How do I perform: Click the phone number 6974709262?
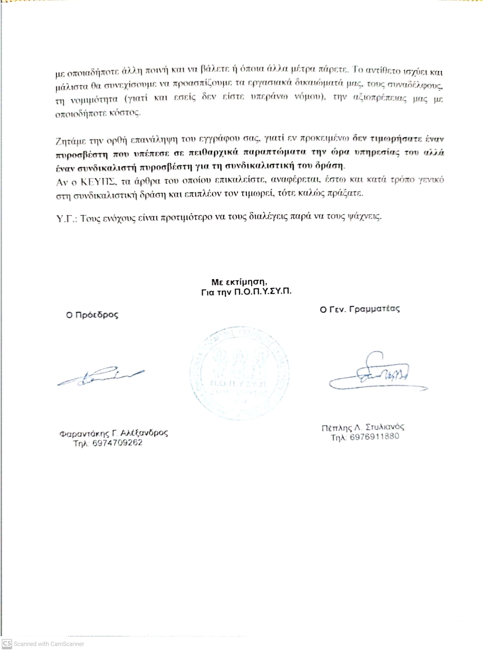point(117,443)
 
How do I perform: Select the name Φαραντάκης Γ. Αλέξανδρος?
point(114,433)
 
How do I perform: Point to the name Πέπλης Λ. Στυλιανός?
point(363,427)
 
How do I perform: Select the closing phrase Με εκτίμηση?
point(239,282)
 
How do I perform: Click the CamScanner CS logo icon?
point(7,644)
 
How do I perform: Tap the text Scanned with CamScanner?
point(49,644)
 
